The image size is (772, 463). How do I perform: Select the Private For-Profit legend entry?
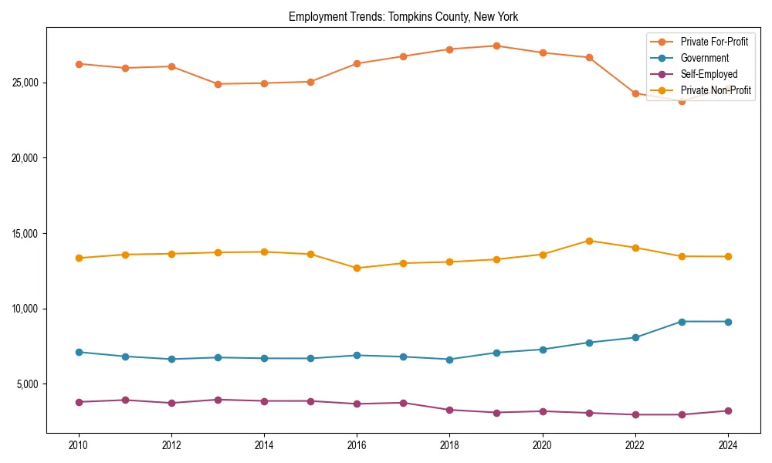(713, 41)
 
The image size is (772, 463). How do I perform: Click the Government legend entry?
(704, 58)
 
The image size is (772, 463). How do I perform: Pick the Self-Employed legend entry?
(709, 74)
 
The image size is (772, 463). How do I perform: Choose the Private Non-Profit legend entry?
(716, 91)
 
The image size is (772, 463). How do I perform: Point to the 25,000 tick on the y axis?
(27, 83)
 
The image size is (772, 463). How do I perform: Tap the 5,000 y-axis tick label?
(29, 384)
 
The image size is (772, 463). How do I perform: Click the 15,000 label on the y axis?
(27, 234)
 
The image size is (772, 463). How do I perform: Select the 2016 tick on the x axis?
(357, 445)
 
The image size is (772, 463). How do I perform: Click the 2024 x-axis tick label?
(728, 445)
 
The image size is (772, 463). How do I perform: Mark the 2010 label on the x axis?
(78, 445)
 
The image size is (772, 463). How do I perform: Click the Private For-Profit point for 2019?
(496, 46)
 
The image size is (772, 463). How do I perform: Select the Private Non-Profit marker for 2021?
(589, 241)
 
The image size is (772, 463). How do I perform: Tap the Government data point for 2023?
(682, 321)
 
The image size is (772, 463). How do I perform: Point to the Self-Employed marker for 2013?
(218, 400)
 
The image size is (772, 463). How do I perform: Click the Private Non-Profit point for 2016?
(357, 268)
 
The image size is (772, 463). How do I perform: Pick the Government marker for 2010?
(78, 352)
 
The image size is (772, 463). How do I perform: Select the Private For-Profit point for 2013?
(218, 84)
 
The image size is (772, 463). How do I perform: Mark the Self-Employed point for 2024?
(728, 411)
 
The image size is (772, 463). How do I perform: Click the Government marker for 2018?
(450, 359)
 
